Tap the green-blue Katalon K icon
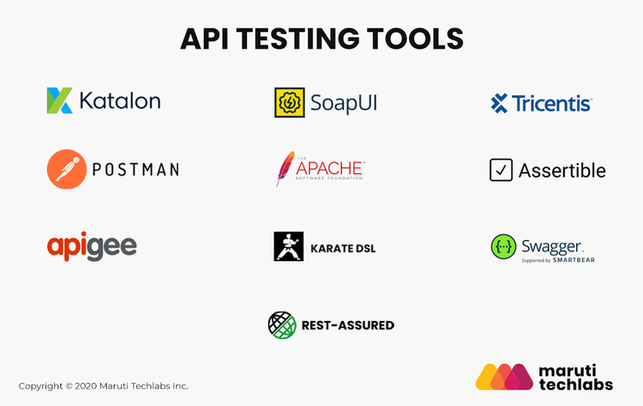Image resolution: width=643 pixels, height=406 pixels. point(60,100)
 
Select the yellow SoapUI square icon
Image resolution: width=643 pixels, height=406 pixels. point(287,103)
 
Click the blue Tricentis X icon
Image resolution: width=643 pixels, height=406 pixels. point(499,104)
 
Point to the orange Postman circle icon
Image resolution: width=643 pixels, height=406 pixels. point(66,169)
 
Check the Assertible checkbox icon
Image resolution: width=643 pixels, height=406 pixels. point(501,170)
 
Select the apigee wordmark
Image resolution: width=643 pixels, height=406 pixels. point(92,246)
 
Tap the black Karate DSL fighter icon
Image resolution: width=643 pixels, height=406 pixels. point(288,246)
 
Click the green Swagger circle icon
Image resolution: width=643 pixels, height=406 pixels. point(503,246)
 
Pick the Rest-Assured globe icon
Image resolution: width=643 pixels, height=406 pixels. point(281,324)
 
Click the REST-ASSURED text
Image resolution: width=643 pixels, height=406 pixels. point(347,325)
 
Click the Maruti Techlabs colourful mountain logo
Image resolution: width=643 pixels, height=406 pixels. point(504,376)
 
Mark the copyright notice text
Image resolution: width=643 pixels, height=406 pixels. point(104,386)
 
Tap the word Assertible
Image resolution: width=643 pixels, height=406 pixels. point(562,171)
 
